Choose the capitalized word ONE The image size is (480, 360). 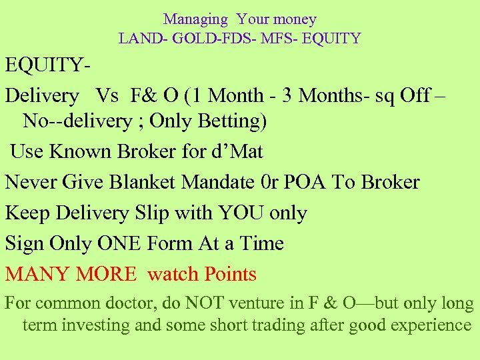[122, 243]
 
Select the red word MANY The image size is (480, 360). [37, 274]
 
